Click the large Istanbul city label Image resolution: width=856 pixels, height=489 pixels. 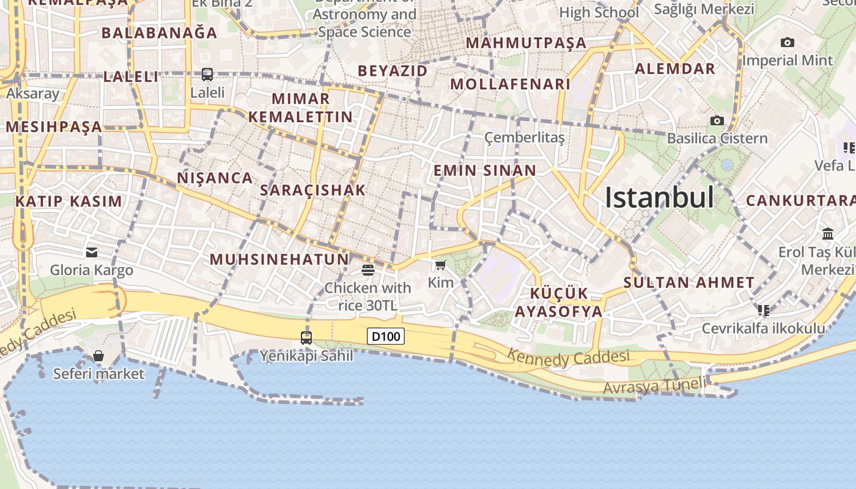(659, 197)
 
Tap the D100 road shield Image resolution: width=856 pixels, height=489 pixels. (386, 336)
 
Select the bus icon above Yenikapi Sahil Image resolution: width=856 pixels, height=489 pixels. (306, 337)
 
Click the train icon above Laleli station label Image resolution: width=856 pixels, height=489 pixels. (207, 75)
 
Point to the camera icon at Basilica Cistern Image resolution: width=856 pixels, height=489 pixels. (717, 120)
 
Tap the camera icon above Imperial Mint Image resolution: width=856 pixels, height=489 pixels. (788, 42)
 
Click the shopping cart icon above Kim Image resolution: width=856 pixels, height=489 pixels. (440, 265)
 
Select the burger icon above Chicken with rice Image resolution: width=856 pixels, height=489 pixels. (368, 270)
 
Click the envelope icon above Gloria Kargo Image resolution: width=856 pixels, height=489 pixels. (92, 252)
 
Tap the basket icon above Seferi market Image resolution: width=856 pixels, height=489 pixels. (98, 356)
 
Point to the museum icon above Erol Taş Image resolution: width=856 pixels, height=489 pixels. (828, 233)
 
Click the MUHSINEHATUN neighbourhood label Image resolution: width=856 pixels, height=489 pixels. (279, 259)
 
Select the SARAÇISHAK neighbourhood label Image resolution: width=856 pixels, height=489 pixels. (312, 190)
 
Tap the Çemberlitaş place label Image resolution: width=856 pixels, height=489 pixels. (524, 138)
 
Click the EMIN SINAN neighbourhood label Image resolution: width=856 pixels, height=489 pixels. (484, 171)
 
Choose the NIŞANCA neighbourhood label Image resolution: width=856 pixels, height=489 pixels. (215, 178)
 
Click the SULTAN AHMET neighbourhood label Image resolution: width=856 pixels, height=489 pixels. (689, 282)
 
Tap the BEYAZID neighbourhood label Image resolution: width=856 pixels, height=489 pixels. (393, 71)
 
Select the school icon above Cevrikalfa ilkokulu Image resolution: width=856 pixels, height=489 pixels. (763, 311)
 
